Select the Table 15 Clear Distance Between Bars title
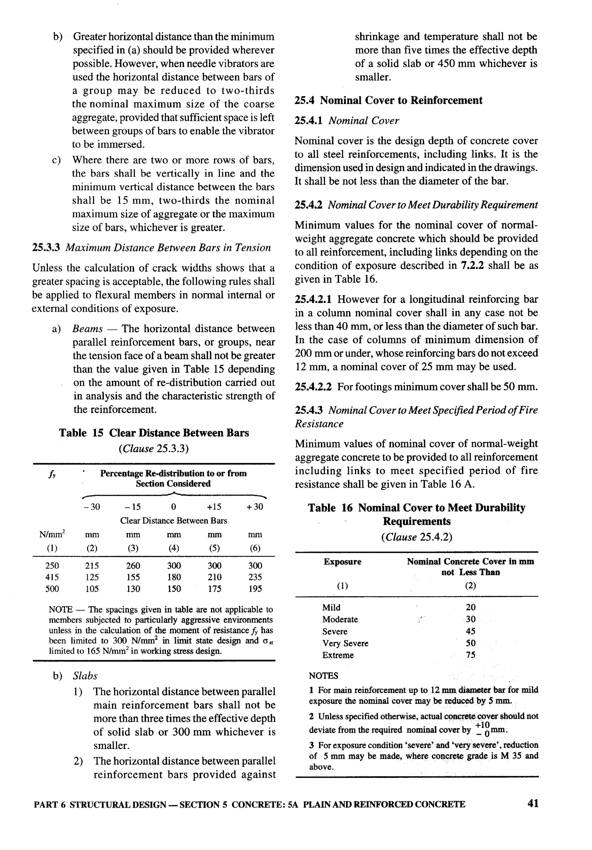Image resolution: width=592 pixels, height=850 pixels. pyautogui.click(x=154, y=433)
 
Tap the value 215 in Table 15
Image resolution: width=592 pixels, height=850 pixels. pyautogui.click(x=92, y=565)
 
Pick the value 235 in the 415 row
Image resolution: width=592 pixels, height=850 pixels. pyautogui.click(x=255, y=577)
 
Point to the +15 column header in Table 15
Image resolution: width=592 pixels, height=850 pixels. pyautogui.click(x=214, y=507)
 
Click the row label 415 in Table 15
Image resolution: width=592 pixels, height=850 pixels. pyautogui.click(x=52, y=577)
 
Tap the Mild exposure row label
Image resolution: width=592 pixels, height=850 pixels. pyautogui.click(x=331, y=608)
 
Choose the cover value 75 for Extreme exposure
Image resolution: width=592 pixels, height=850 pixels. pyautogui.click(x=470, y=655)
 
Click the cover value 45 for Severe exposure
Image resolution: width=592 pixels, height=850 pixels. pyautogui.click(x=470, y=631)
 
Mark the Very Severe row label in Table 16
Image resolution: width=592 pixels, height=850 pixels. pyautogui.click(x=345, y=643)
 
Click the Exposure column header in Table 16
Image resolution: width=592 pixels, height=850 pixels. pyautogui.click(x=342, y=562)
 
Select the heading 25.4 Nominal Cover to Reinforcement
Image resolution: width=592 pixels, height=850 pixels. pyautogui.click(x=388, y=100)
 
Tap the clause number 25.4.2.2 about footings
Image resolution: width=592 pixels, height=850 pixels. pyautogui.click(x=313, y=387)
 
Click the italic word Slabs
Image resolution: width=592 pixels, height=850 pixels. pyautogui.click(x=85, y=676)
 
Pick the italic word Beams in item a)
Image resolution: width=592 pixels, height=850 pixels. pyautogui.click(x=87, y=329)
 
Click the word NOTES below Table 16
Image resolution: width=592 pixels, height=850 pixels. pyautogui.click(x=323, y=676)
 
